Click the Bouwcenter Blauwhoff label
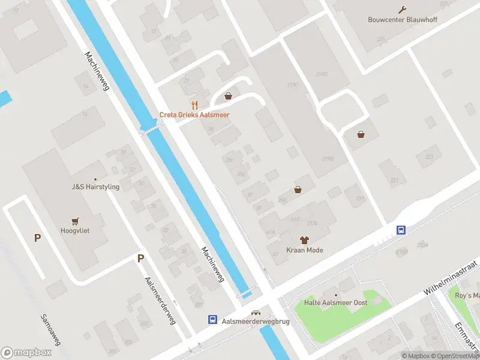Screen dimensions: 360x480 (401, 19)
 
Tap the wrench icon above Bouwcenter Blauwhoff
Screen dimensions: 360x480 (402, 9)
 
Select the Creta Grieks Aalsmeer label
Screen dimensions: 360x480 (194, 115)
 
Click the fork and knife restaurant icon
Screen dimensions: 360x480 (194, 104)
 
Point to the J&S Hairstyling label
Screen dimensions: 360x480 (95, 187)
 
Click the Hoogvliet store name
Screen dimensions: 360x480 (75, 230)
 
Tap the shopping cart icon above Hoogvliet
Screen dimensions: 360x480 (75, 220)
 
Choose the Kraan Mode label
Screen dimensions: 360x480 (304, 250)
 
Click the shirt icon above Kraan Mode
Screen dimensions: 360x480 (304, 239)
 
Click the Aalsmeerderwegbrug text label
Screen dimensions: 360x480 (256, 322)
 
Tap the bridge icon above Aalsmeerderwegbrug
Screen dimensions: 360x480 (256, 312)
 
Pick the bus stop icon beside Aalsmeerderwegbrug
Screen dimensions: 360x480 (212, 320)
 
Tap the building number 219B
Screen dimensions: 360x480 (328, 159)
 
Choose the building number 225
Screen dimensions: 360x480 (380, 39)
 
